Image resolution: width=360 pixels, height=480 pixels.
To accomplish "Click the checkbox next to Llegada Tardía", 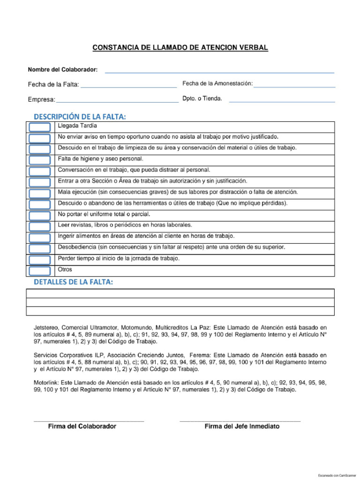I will click(x=39, y=127).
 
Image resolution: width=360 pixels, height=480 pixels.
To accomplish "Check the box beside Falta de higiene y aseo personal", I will click(x=39, y=160).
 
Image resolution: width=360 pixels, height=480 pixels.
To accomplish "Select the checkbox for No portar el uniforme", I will click(x=39, y=216).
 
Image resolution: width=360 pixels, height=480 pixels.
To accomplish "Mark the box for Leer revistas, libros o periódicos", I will click(x=39, y=227).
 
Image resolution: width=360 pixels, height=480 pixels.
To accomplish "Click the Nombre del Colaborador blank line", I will click(x=219, y=72).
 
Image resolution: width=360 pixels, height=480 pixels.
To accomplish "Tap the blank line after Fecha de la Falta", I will click(x=128, y=87).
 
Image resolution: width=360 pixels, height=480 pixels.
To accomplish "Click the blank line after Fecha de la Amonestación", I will click(x=294, y=86).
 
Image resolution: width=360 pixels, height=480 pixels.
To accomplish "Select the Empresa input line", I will click(x=117, y=101).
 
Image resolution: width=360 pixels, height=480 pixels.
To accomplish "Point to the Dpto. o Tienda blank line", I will click(x=282, y=101).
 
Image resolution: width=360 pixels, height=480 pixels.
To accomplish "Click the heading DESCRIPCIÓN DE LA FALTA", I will click(x=80, y=116).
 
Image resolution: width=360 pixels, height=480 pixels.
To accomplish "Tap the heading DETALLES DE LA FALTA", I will click(x=73, y=282).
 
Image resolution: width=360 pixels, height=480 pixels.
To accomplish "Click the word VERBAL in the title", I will click(x=253, y=48).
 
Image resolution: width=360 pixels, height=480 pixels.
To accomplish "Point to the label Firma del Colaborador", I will click(x=82, y=427).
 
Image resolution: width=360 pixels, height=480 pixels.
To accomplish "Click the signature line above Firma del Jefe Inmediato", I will click(x=240, y=421).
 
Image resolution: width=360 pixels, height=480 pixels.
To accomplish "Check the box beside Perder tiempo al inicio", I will click(x=39, y=260).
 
